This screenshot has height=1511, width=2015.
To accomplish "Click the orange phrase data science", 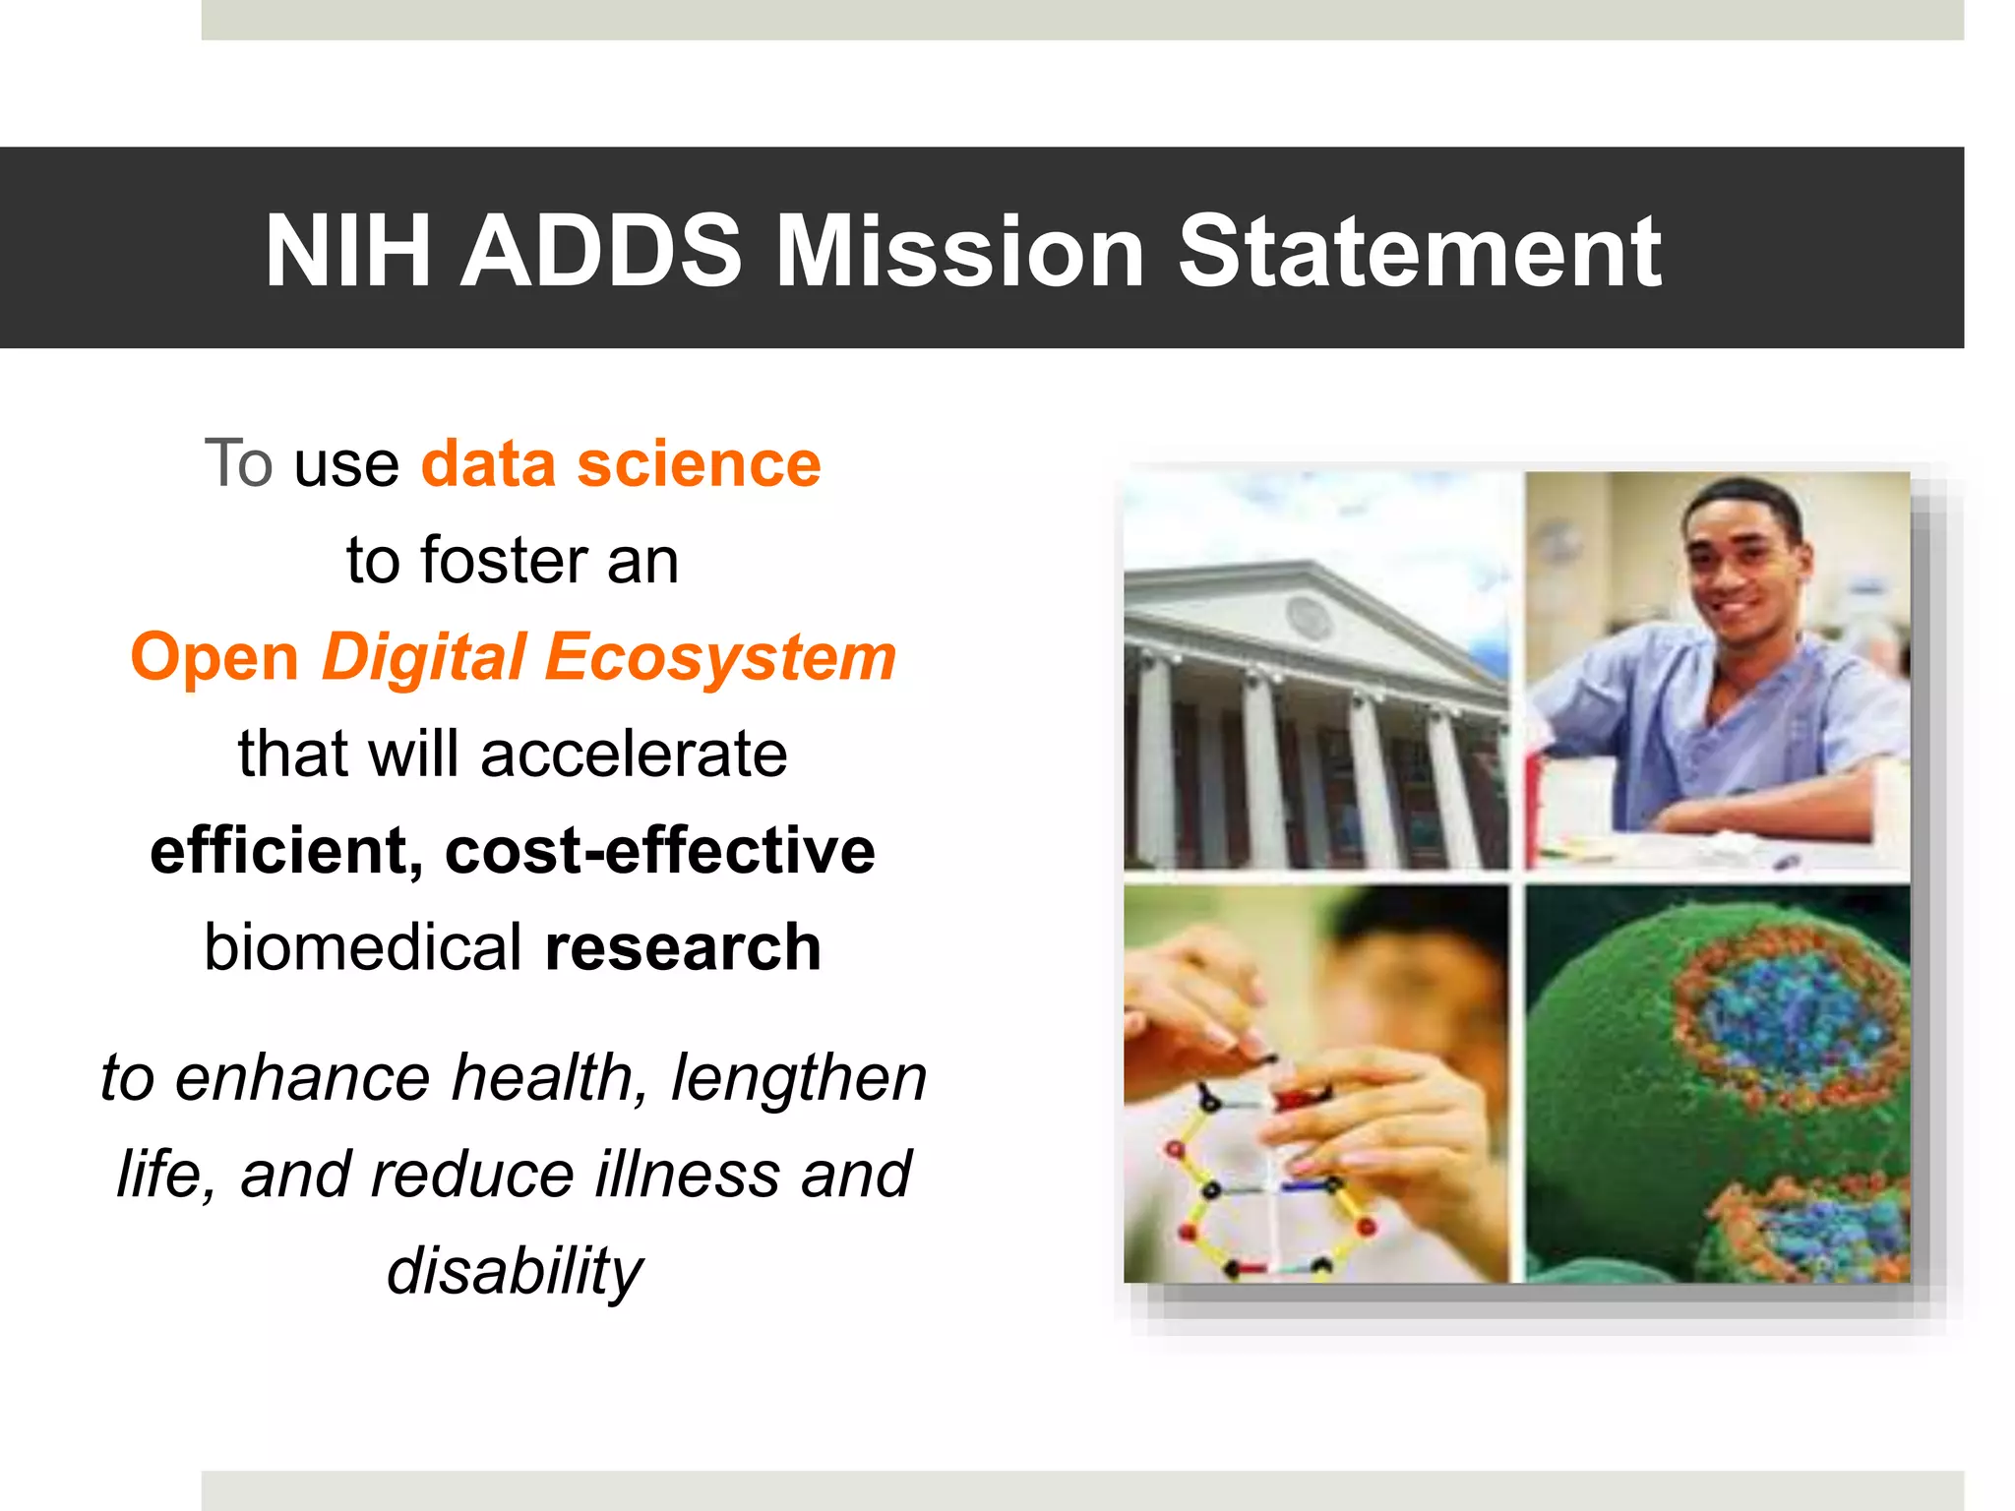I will pyautogui.click(x=621, y=464).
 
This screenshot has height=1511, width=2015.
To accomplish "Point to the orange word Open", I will pyautogui.click(x=214, y=657).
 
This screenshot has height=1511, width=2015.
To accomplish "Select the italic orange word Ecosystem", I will pyautogui.click(x=720, y=657).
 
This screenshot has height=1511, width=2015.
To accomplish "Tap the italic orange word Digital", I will pyautogui.click(x=424, y=657).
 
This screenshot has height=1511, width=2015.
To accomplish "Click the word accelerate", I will pyautogui.click(x=634, y=755).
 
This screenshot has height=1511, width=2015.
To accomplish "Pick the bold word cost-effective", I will pyautogui.click(x=659, y=851).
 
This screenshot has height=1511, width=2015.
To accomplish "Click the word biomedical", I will pyautogui.click(x=363, y=947).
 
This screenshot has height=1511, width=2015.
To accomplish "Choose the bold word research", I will pyautogui.click(x=683, y=947).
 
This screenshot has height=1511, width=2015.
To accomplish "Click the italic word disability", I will pyautogui.click(x=514, y=1271).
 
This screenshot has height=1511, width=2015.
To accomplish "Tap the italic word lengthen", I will pyautogui.click(x=799, y=1077).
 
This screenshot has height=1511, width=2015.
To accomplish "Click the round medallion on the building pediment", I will pyautogui.click(x=1309, y=618).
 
